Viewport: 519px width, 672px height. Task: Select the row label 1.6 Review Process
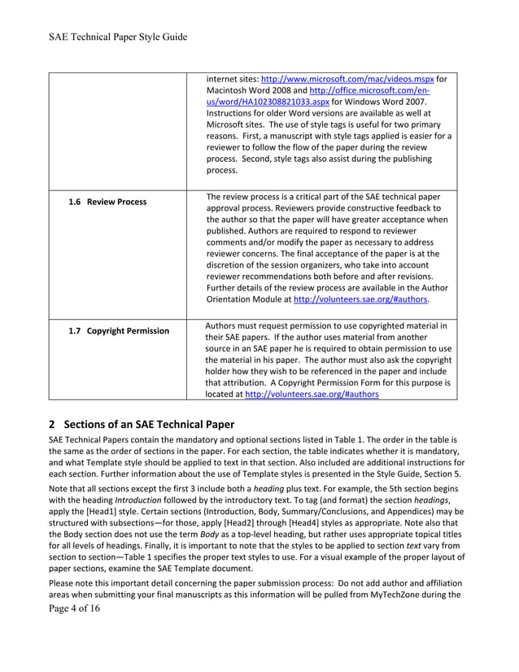[107, 201]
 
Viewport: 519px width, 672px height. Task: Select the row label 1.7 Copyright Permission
[119, 330]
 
